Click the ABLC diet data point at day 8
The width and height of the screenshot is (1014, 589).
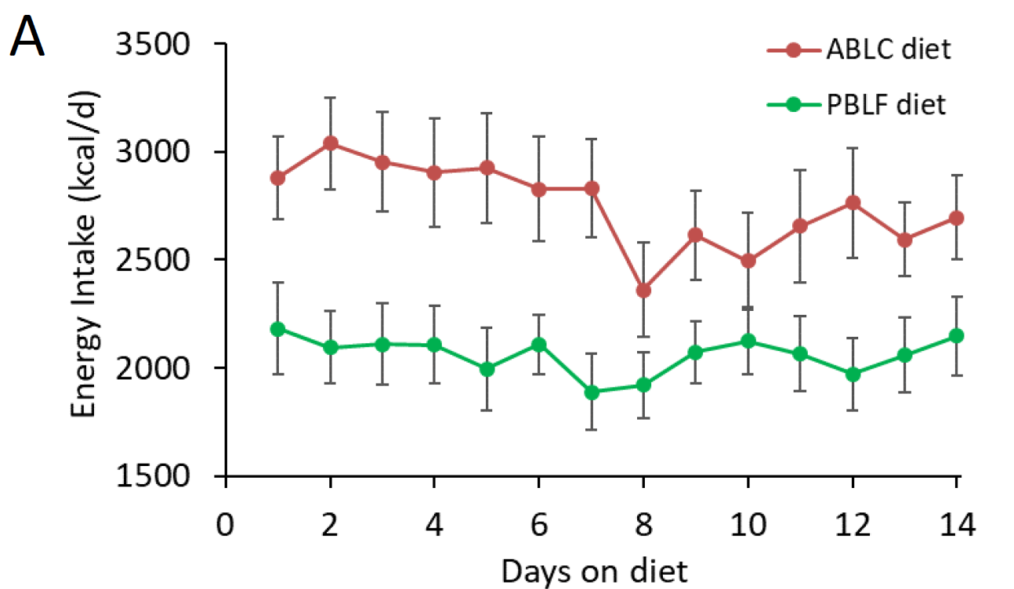(643, 291)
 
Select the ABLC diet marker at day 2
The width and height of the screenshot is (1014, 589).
(330, 143)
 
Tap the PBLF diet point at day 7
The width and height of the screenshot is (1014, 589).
(591, 392)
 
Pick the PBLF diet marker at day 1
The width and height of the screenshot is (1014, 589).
(277, 329)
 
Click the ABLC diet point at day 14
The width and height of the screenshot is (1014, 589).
(955, 218)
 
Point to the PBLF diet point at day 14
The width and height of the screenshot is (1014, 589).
(955, 336)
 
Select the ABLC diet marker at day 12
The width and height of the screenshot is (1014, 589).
(852, 203)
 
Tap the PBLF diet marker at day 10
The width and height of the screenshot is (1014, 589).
(748, 341)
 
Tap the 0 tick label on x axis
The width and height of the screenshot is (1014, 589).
(226, 523)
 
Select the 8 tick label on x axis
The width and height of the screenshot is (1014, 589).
(643, 523)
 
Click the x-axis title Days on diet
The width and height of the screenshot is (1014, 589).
(595, 570)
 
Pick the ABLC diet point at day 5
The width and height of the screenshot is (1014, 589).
(487, 168)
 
